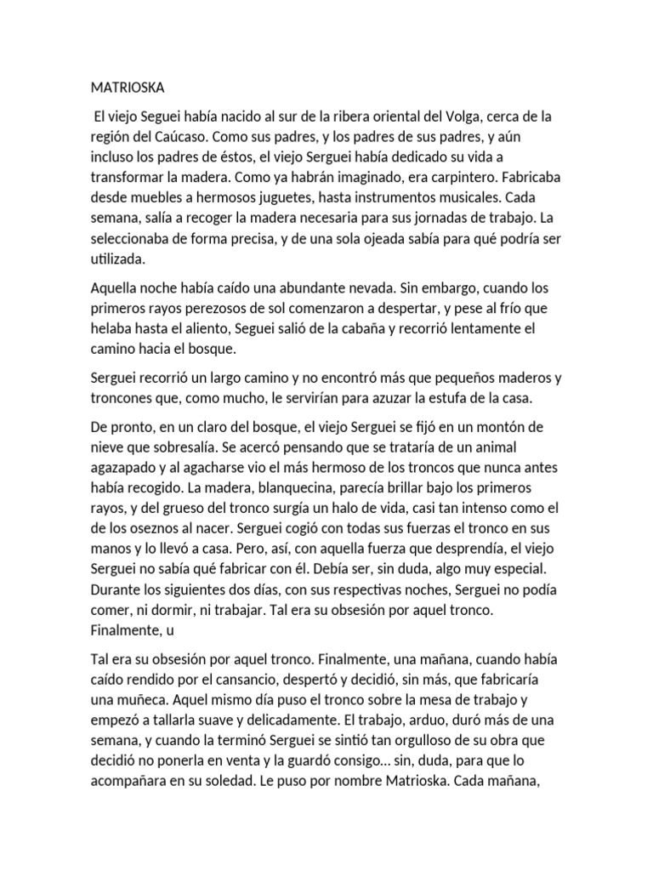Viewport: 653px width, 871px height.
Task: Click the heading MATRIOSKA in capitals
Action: click(129, 87)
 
